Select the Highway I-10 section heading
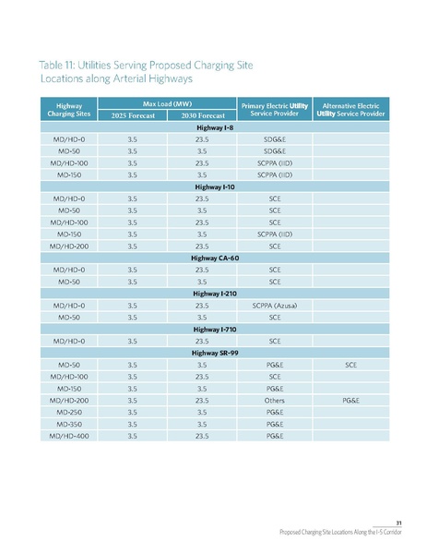click(x=214, y=186)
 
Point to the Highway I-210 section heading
click(x=214, y=293)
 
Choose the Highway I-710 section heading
click(x=214, y=329)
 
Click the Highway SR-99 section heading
click(x=214, y=353)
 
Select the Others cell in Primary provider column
click(x=274, y=401)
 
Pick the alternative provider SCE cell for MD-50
click(x=350, y=365)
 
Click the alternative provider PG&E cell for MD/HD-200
click(x=350, y=401)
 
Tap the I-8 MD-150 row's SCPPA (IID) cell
click(x=274, y=173)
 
